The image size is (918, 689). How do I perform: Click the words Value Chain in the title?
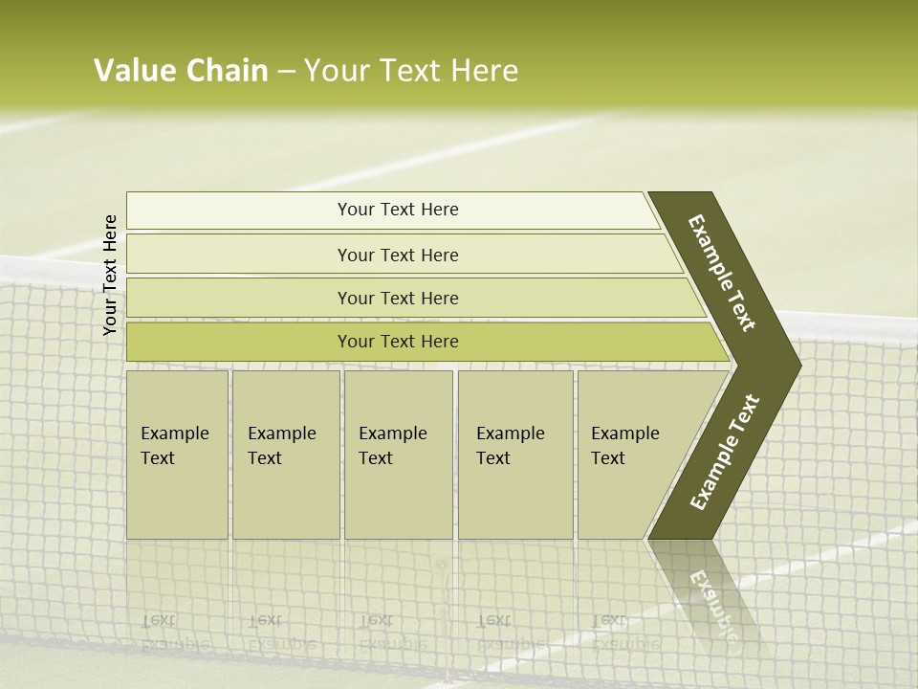coord(181,71)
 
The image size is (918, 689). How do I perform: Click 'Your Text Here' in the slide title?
coord(411,71)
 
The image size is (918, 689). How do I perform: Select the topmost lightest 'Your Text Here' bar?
coord(397,210)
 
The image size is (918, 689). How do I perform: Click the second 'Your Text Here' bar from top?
coord(397,255)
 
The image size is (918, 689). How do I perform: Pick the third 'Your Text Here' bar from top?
coord(397,298)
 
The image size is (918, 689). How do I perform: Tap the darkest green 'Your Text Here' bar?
coord(397,342)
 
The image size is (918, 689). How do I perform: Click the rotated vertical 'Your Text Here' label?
coord(110,275)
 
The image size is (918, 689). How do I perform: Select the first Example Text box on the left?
coord(177,454)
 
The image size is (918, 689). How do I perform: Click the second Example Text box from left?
coord(285,454)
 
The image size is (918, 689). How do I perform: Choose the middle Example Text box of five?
coord(398,454)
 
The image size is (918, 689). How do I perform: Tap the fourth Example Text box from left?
coord(514,454)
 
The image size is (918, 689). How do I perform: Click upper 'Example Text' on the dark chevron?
coord(722,273)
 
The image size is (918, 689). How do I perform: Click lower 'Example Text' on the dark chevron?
coord(724,453)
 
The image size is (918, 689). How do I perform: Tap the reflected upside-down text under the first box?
coord(175,632)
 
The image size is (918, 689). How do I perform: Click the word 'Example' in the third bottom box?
coord(392,433)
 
